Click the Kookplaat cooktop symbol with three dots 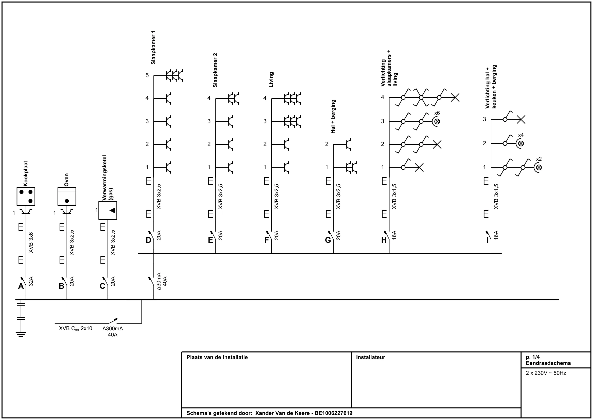pos(26,196)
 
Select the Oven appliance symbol pos(67,196)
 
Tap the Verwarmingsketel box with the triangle pos(108,210)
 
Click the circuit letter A pos(21,286)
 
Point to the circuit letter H pos(384,240)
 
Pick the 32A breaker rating pos(31,281)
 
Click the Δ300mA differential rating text pos(113,329)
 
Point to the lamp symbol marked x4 pos(520,143)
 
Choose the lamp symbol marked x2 pos(538,168)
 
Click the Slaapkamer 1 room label pos(153,47)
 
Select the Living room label pos(271,80)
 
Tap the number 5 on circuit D pos(147,75)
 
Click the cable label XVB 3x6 pos(31,242)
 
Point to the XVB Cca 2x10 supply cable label pos(75,329)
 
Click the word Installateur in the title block pos(370,357)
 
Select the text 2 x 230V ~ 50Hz pos(546,373)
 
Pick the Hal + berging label pos(333,116)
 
